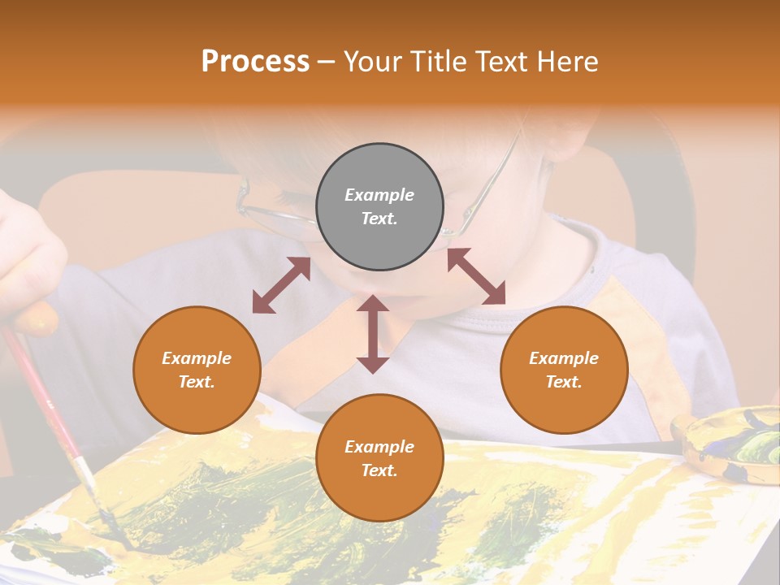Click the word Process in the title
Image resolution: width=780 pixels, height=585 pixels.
(x=255, y=62)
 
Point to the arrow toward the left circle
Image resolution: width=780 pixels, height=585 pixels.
(x=281, y=285)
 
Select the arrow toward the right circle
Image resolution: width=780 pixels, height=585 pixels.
(x=476, y=276)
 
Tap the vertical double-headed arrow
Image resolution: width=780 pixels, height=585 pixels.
(x=373, y=334)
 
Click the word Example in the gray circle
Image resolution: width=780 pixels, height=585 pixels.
(x=379, y=195)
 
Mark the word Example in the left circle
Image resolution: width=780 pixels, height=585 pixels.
(x=197, y=358)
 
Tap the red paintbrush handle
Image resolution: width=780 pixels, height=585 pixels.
(x=41, y=390)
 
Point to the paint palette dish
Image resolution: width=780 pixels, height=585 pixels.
(x=731, y=447)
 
